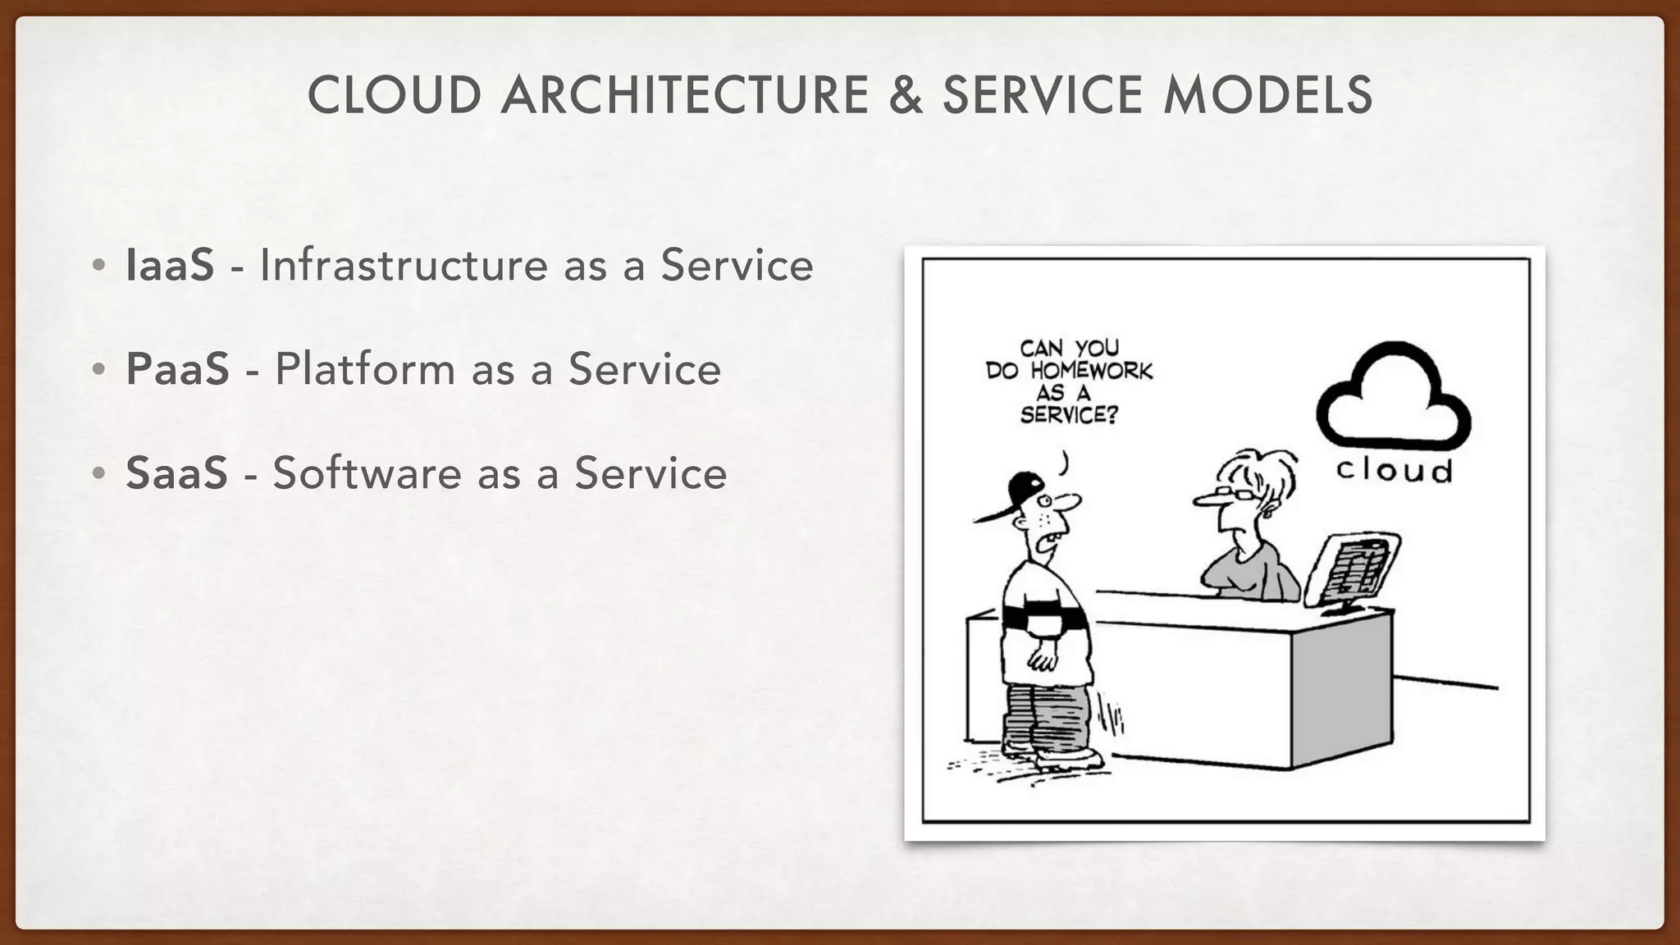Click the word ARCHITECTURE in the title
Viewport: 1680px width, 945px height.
click(x=685, y=95)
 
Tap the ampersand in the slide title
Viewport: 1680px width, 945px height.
click(x=905, y=95)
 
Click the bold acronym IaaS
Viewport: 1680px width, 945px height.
click(x=170, y=265)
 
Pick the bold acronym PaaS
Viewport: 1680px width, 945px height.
click(x=177, y=369)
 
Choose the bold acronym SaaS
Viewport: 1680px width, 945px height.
click(x=176, y=473)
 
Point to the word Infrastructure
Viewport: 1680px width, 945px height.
click(x=401, y=265)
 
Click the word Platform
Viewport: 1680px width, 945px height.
click(x=365, y=369)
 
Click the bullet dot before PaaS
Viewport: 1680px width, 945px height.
click(x=98, y=369)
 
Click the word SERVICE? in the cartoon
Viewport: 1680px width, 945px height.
click(x=1069, y=415)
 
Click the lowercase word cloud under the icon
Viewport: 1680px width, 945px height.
click(x=1394, y=471)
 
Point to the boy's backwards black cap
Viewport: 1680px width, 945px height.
click(x=1021, y=492)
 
